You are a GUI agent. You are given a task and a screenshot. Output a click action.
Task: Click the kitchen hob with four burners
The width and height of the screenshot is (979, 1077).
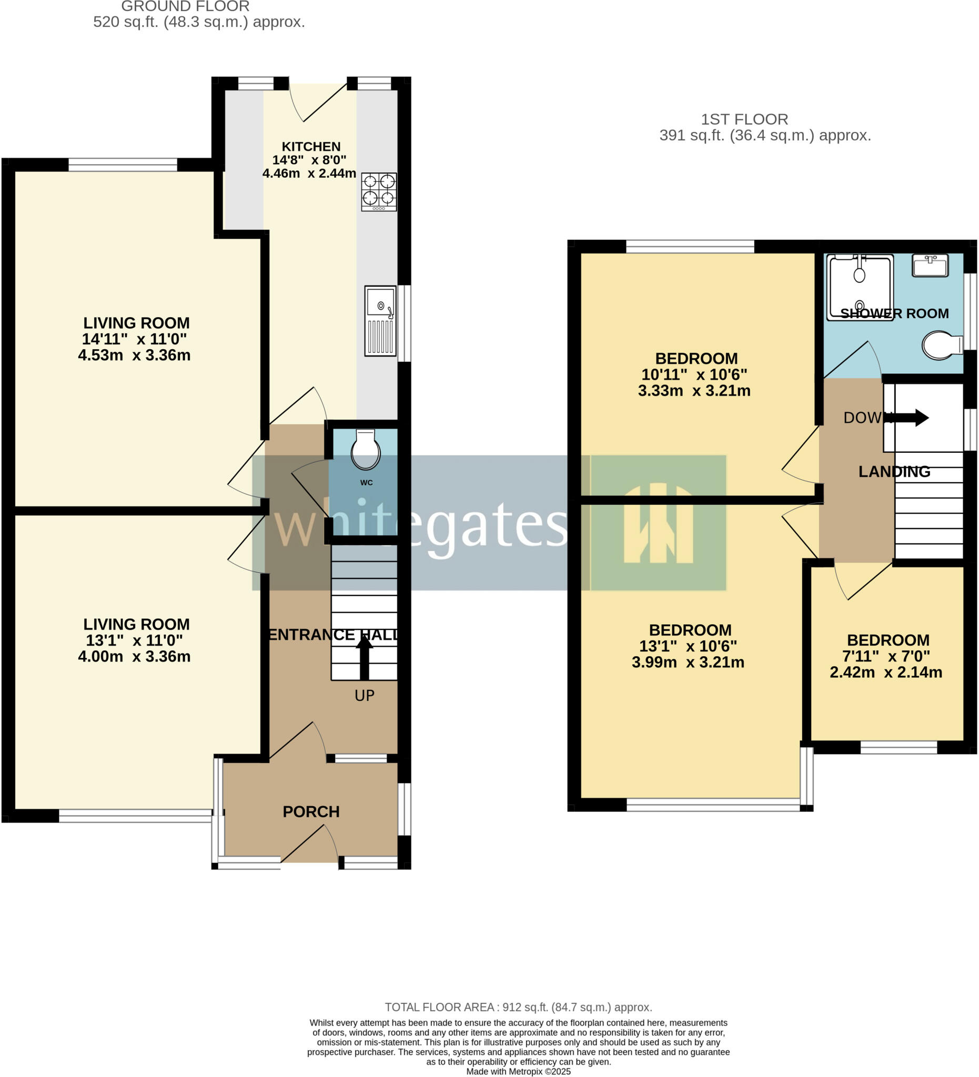point(379,191)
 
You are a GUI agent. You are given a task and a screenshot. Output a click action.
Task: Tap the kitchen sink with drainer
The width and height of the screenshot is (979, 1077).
point(380,321)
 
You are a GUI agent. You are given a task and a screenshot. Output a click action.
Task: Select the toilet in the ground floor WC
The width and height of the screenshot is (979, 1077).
point(366,449)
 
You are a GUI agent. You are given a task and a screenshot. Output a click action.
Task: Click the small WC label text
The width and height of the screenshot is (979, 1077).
point(366,482)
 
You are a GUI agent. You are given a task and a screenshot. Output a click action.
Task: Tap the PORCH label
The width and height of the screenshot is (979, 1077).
point(311,811)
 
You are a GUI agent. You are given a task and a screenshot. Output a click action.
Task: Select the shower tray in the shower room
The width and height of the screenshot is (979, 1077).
point(859,287)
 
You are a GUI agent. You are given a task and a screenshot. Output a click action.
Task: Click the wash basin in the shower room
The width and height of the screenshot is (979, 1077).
point(930,265)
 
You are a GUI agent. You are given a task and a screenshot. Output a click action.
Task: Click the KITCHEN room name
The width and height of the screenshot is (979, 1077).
point(311,146)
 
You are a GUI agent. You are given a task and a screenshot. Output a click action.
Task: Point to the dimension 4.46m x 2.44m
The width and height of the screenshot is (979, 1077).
point(309,173)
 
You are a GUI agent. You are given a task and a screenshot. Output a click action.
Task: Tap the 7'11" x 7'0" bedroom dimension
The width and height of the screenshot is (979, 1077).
point(886,656)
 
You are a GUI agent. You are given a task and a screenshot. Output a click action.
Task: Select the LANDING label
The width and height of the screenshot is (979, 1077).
point(894,471)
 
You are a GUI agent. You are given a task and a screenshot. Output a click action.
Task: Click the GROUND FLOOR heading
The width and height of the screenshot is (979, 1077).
point(185,7)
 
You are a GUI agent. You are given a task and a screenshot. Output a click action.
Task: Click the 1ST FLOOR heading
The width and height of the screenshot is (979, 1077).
point(744,119)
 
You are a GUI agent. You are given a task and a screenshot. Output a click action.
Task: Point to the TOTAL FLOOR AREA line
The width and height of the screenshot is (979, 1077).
point(518,1007)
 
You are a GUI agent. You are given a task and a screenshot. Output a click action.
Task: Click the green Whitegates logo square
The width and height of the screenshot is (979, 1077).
point(659,523)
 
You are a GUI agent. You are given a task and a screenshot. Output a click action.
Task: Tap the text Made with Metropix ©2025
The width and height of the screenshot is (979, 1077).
point(518,1071)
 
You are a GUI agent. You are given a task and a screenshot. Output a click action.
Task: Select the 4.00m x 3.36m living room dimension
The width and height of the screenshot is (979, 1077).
point(134,656)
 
